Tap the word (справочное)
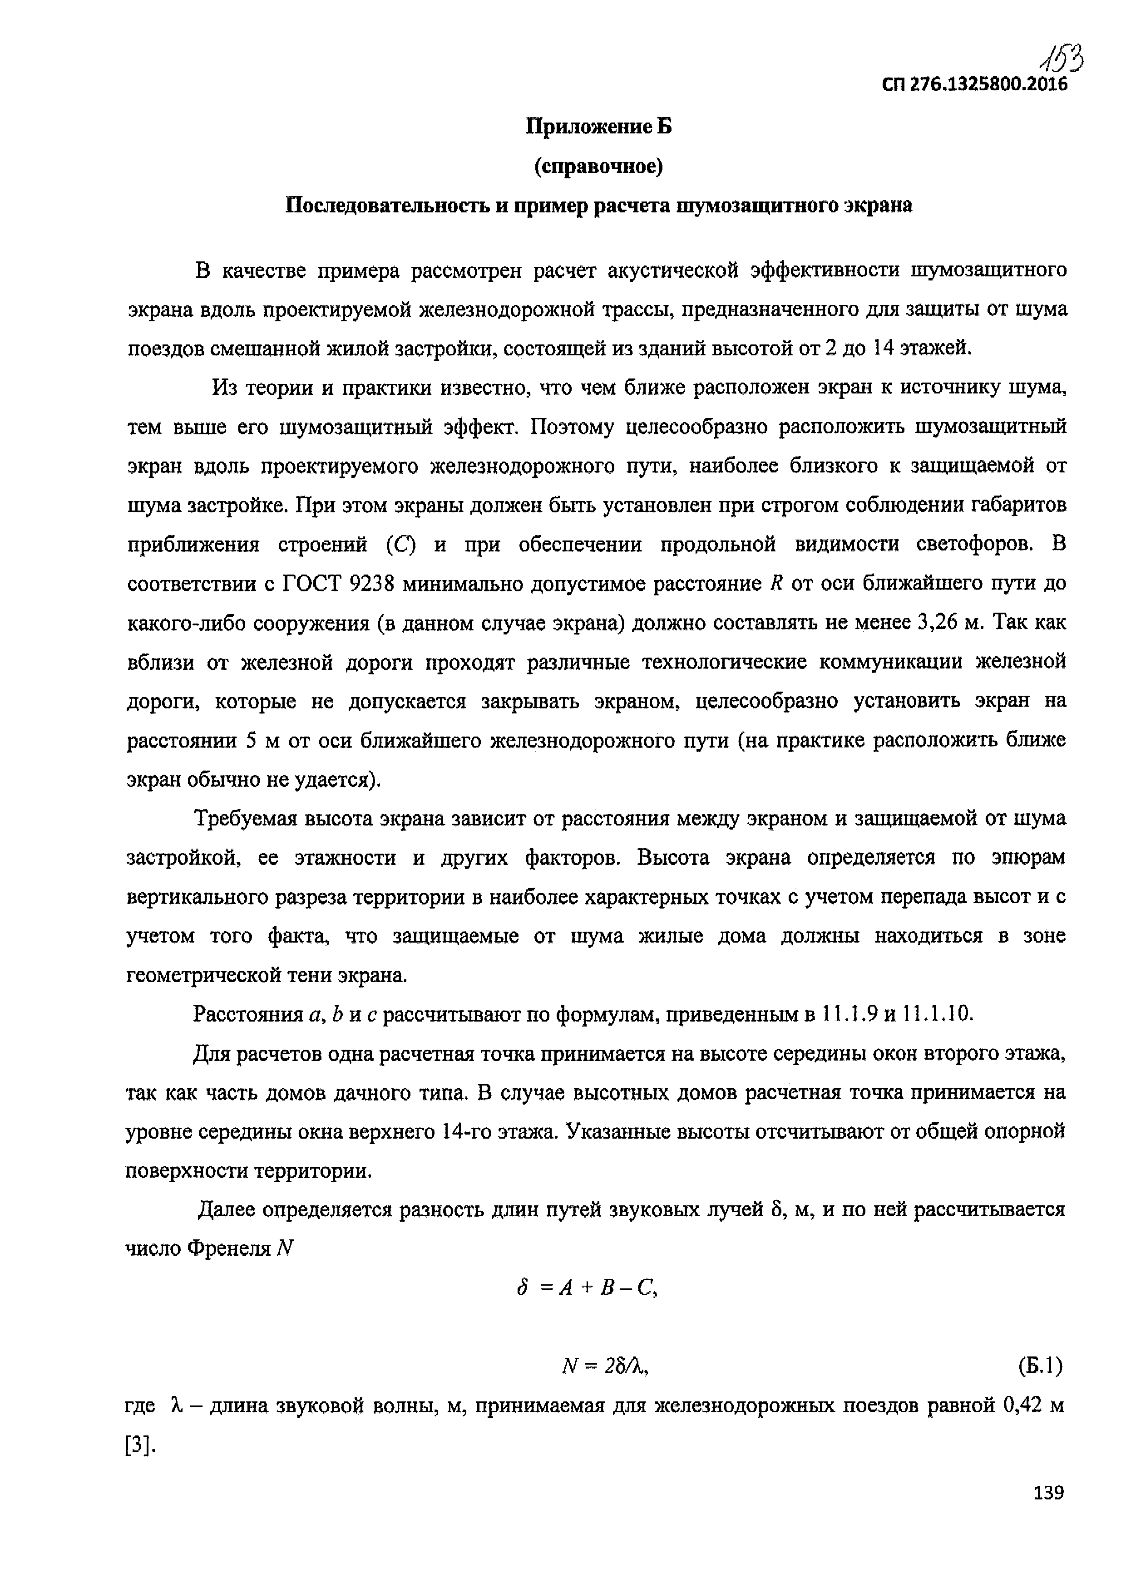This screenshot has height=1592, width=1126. (599, 167)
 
